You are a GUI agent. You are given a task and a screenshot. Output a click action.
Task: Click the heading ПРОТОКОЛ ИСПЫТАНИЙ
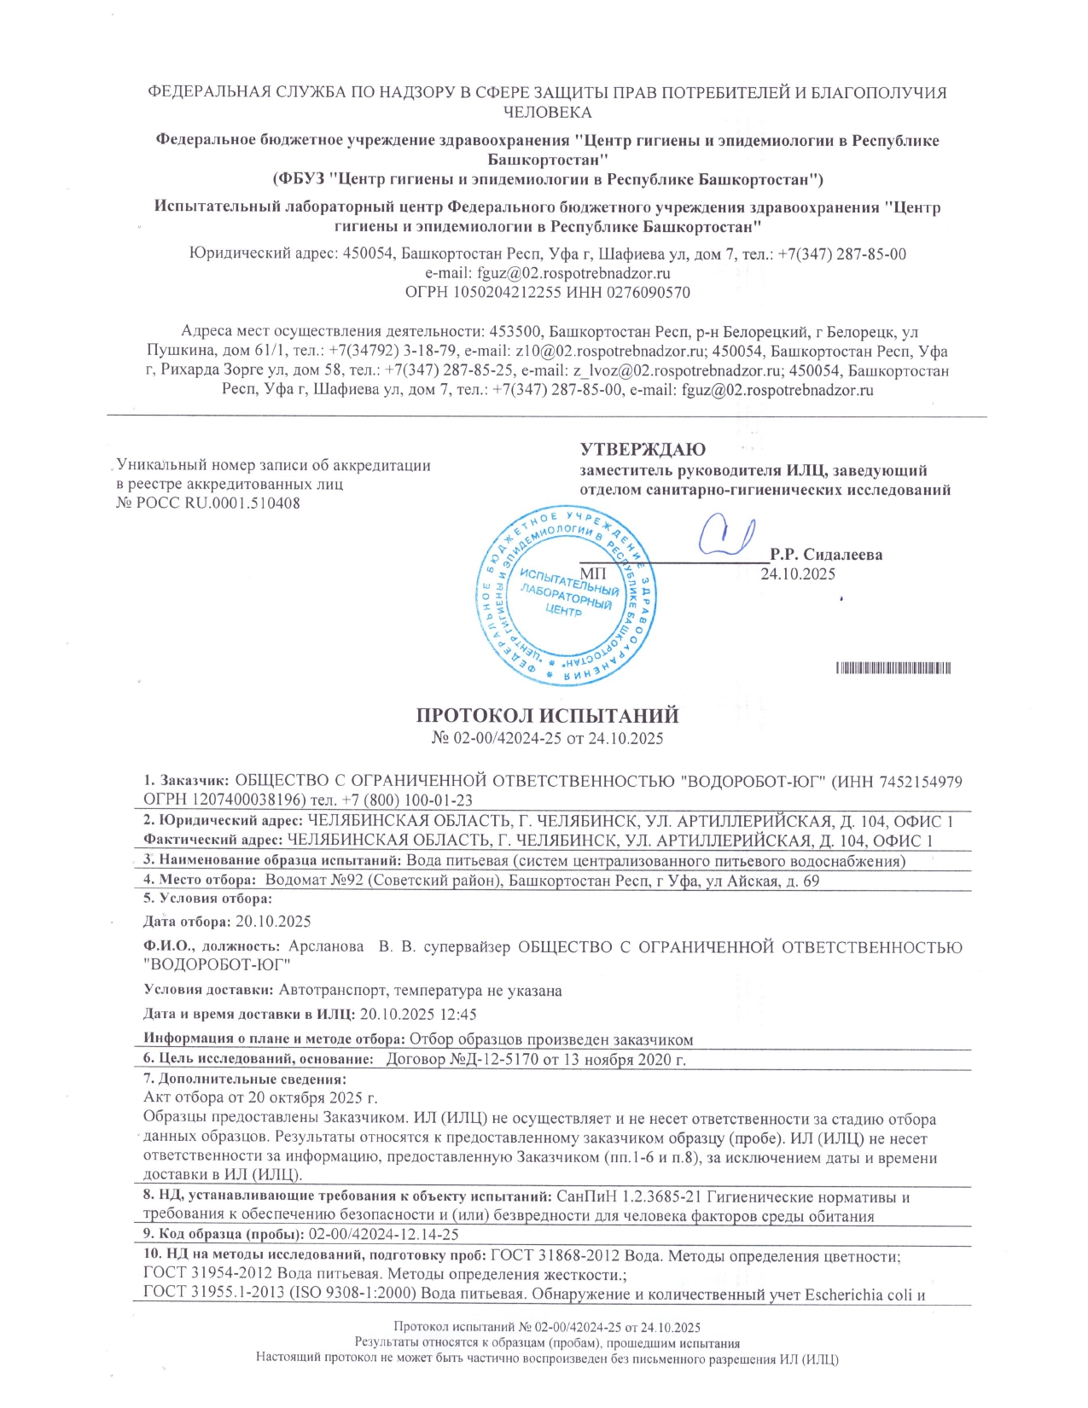pos(547,715)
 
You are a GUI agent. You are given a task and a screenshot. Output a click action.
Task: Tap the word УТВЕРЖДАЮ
pos(643,449)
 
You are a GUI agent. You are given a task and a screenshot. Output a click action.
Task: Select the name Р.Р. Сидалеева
pos(825,555)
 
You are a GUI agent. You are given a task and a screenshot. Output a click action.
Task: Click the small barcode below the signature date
pos(893,668)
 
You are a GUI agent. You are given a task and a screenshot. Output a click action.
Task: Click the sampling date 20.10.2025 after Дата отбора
pos(273,922)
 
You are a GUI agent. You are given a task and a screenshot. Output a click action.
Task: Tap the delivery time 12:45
pos(460,1015)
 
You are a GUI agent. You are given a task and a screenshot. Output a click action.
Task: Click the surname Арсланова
pos(329,947)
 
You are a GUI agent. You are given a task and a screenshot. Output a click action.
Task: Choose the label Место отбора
pos(205,880)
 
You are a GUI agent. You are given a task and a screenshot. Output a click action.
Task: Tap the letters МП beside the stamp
pos(593,573)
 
